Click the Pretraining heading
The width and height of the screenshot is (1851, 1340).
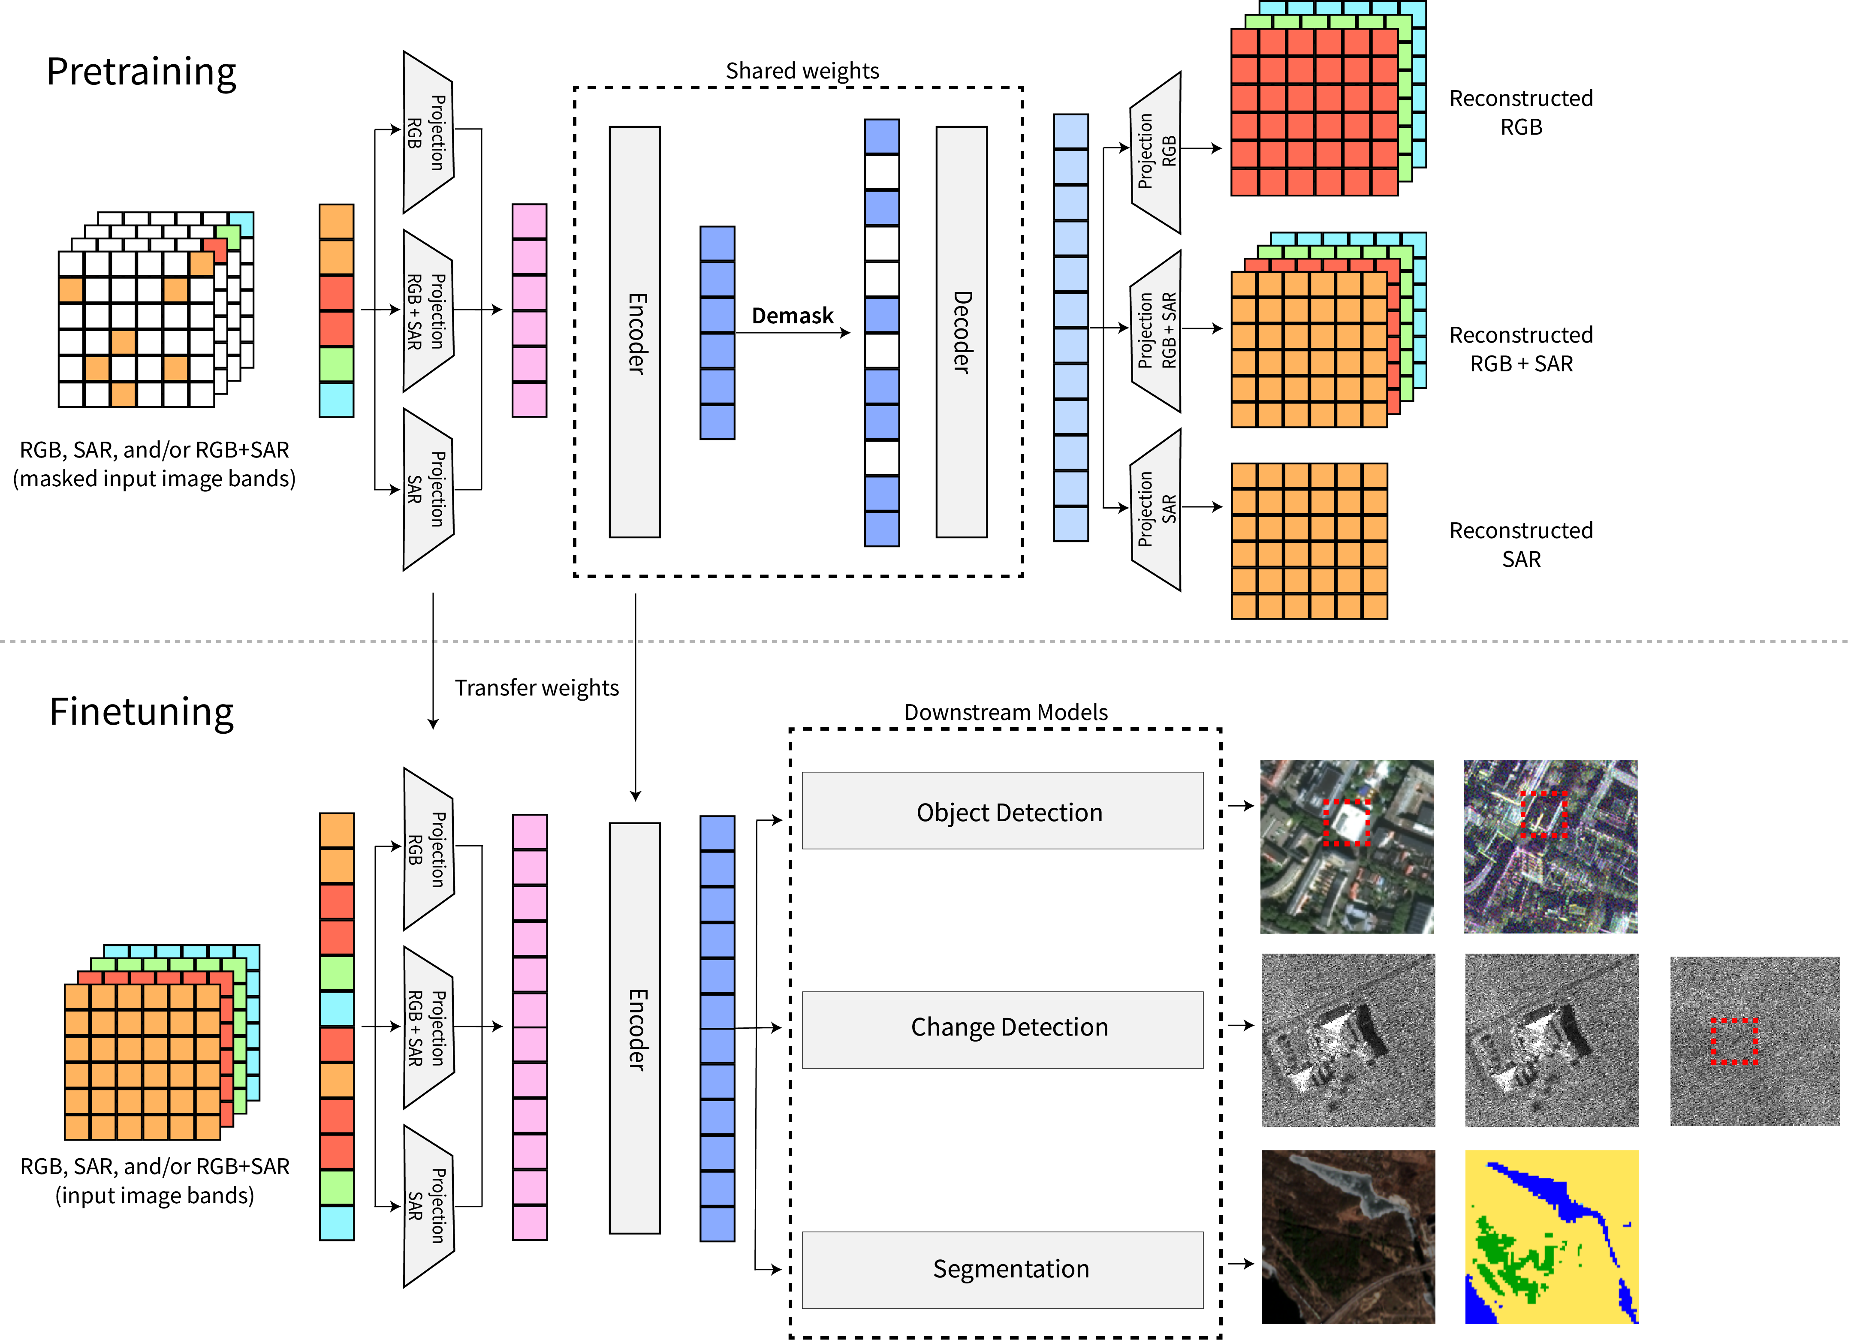[141, 72]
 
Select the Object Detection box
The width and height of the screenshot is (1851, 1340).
[1002, 811]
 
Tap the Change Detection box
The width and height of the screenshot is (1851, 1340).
[1002, 1029]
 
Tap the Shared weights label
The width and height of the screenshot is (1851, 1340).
[802, 71]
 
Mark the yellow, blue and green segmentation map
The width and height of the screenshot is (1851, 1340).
[1552, 1236]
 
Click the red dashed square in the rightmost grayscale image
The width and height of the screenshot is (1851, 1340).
[1734, 1041]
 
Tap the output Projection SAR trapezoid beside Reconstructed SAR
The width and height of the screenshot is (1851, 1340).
[1156, 509]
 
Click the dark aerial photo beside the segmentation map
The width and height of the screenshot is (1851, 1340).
[1348, 1236]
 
